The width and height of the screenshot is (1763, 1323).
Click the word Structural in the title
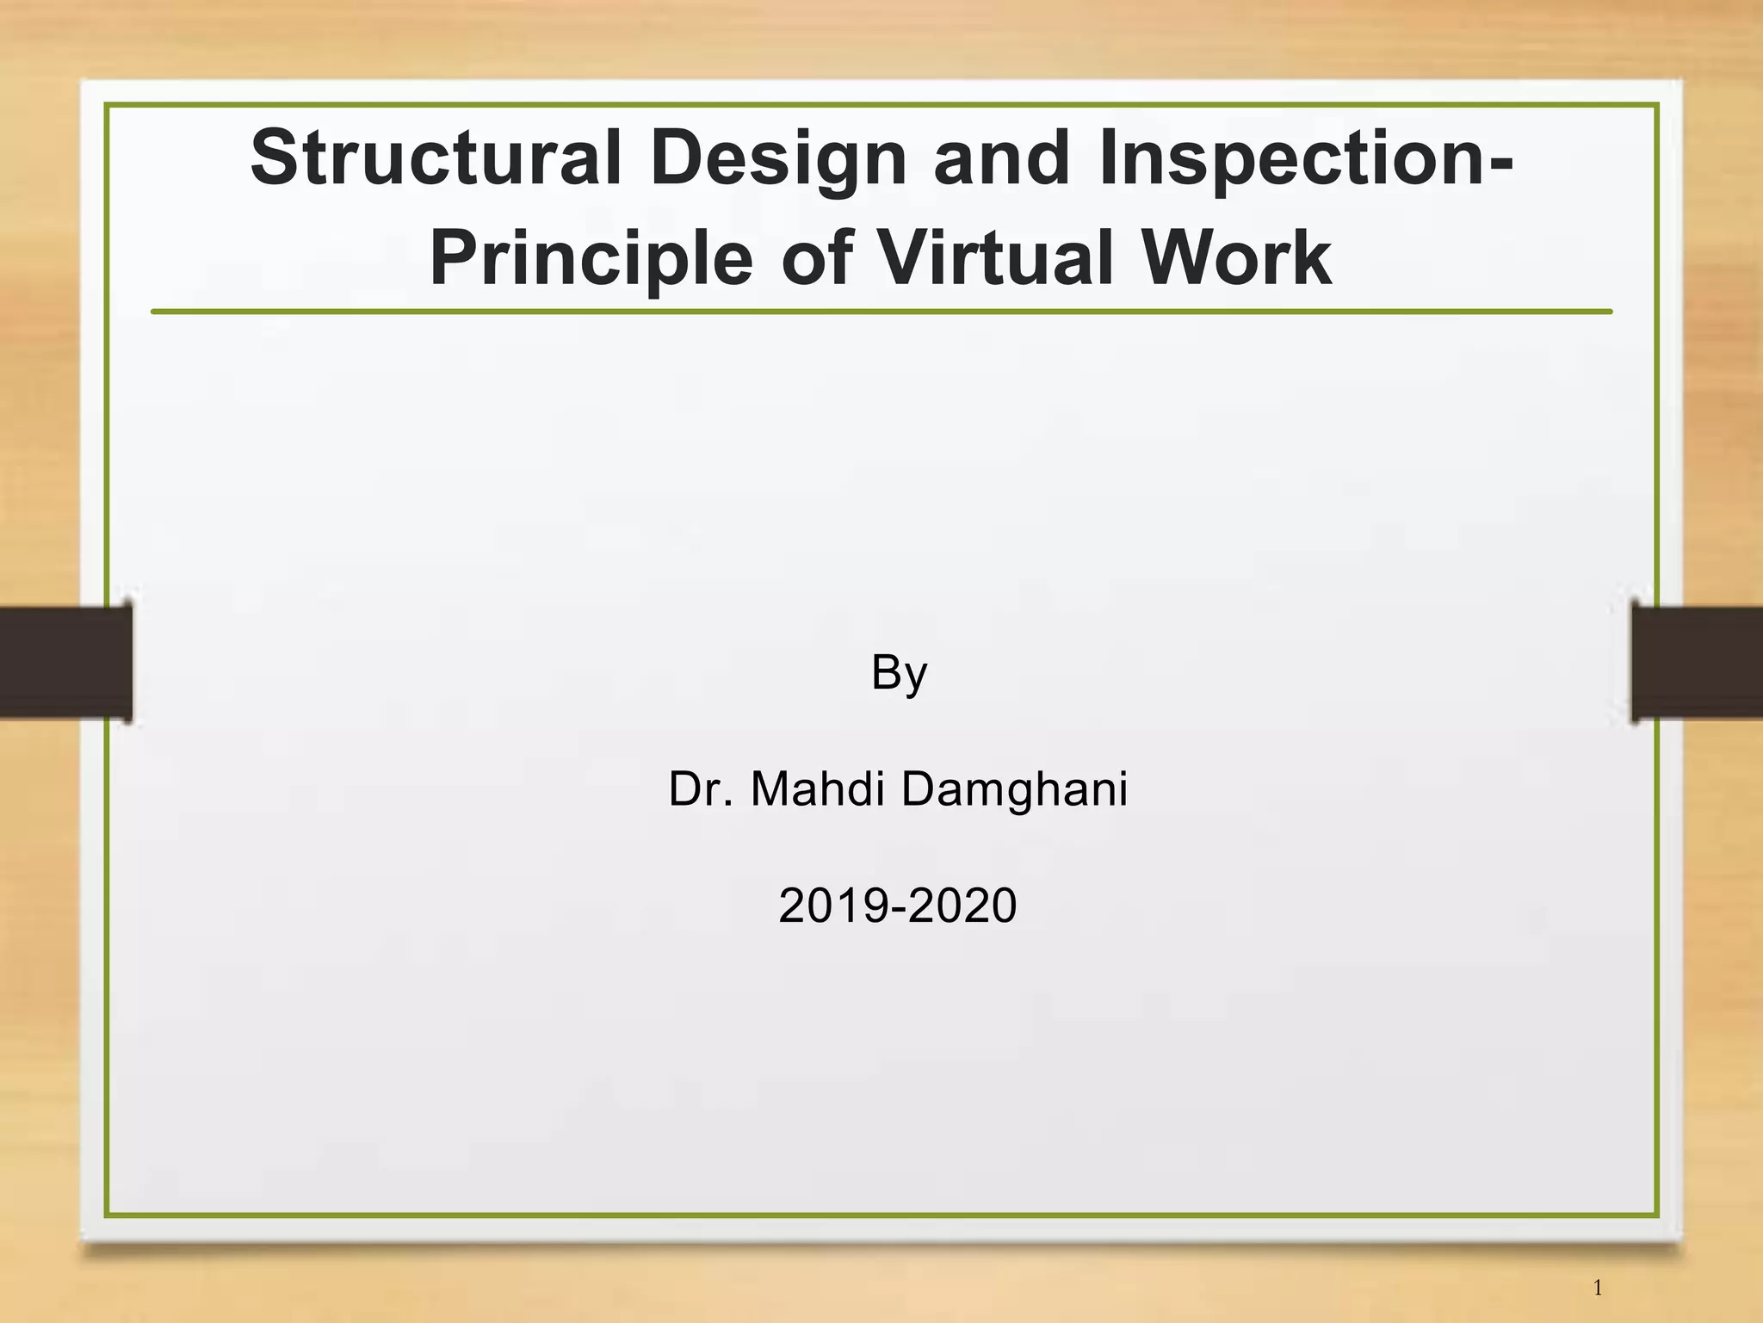click(x=436, y=158)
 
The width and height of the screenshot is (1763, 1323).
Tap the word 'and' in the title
click(x=1002, y=158)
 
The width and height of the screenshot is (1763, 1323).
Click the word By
click(x=899, y=673)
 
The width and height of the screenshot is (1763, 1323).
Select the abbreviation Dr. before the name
click(x=701, y=788)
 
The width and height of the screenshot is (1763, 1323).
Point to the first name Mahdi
click(x=817, y=788)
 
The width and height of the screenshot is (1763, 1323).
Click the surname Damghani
click(x=1014, y=790)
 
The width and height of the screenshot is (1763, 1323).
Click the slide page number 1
click(x=1598, y=1288)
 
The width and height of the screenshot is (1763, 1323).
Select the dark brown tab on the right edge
click(x=1697, y=662)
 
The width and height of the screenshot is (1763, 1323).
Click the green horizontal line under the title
click(x=881, y=312)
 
